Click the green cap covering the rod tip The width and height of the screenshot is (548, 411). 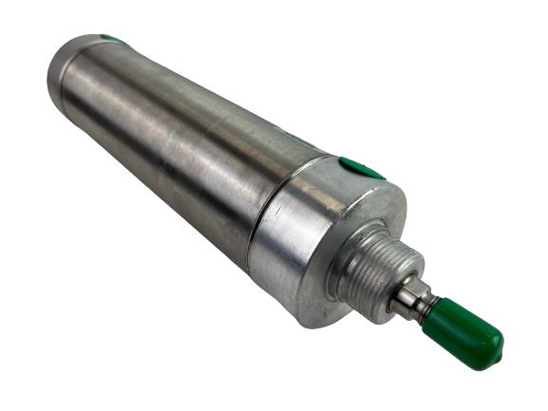tap(465, 332)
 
